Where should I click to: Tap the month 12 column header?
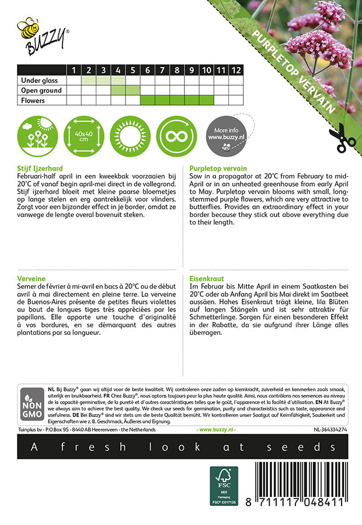pyautogui.click(x=235, y=70)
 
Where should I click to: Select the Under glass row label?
pyautogui.click(x=41, y=80)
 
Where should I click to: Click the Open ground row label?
pyautogui.click(x=41, y=90)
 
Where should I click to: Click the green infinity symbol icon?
pyautogui.click(x=177, y=135)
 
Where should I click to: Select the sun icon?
pyautogui.click(x=130, y=135)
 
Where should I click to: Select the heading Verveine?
pyautogui.click(x=33, y=279)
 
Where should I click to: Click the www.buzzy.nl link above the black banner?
pyautogui.click(x=217, y=430)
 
